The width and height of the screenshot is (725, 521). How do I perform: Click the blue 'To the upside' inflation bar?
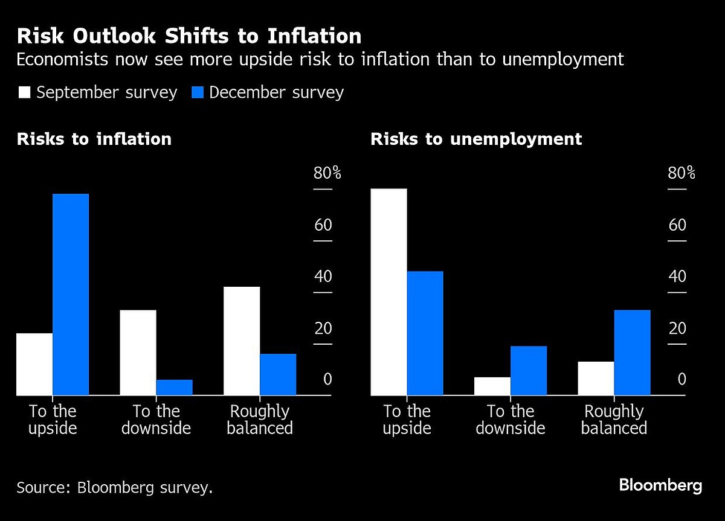(71, 295)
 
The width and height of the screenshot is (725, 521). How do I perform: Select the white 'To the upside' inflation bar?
(34, 364)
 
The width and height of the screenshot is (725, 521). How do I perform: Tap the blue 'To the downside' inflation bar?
(174, 387)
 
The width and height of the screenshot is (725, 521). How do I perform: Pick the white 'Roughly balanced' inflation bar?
(242, 341)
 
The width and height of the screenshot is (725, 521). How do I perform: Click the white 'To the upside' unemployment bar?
(388, 292)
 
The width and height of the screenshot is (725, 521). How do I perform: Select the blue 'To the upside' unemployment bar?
(425, 333)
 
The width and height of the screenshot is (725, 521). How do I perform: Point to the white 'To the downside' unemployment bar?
(492, 386)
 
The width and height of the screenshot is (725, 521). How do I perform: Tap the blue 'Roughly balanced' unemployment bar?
(632, 353)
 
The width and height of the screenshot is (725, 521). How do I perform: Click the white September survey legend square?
(24, 92)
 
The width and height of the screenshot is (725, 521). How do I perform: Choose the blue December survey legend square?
(197, 92)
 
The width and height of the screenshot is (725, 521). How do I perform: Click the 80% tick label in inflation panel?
(327, 174)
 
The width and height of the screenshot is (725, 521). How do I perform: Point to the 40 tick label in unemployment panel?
(678, 277)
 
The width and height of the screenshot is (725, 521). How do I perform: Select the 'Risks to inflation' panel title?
(94, 139)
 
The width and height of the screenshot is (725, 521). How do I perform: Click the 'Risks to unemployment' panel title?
(476, 139)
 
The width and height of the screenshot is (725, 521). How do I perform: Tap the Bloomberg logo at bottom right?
(660, 485)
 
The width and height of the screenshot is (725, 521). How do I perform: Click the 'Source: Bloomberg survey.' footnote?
(115, 487)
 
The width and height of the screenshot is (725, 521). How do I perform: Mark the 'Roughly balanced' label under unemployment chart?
(614, 420)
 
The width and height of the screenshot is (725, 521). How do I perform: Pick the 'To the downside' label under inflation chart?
(156, 420)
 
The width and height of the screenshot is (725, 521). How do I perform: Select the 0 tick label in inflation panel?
(327, 380)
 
